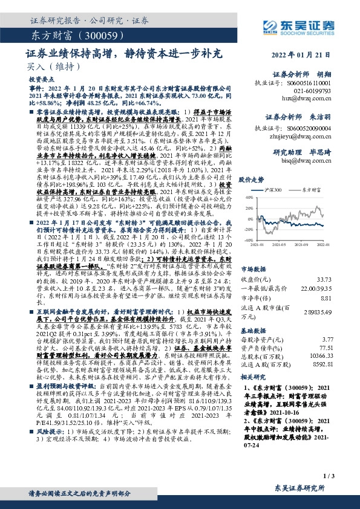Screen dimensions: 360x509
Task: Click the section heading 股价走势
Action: [253, 180]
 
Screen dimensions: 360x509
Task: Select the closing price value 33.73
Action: [324, 279]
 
